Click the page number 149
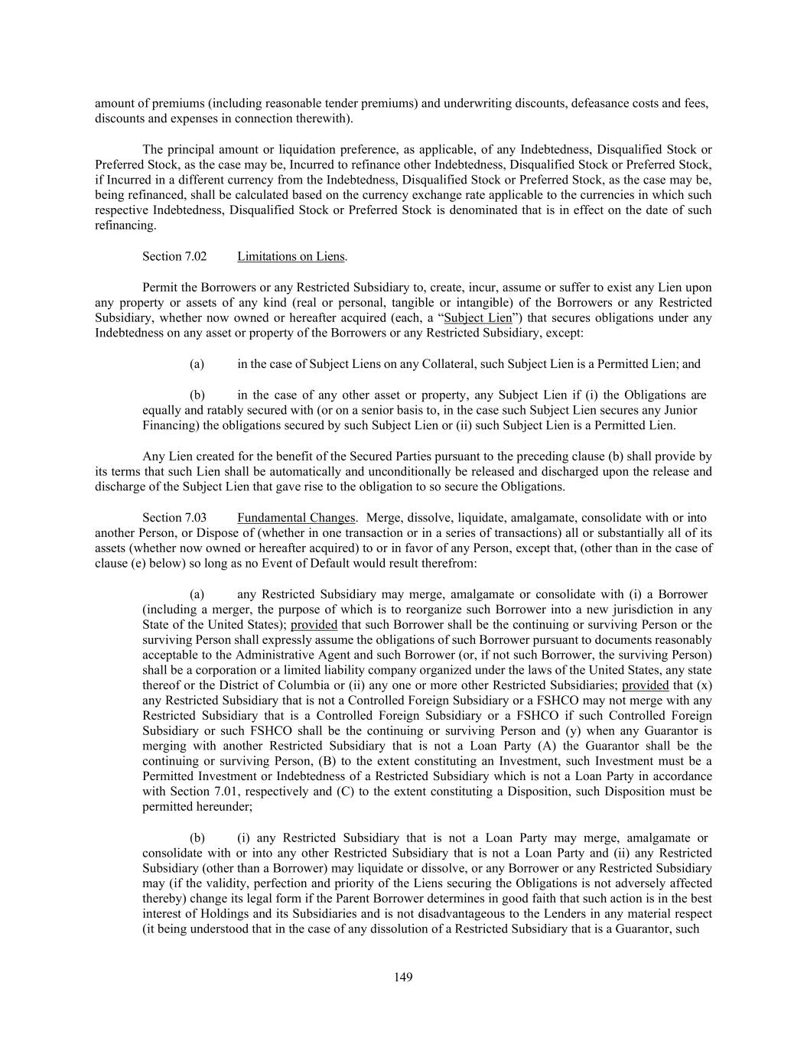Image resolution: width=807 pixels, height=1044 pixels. click(403, 977)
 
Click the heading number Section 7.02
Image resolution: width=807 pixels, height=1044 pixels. click(174, 256)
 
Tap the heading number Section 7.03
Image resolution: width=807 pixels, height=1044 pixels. click(174, 518)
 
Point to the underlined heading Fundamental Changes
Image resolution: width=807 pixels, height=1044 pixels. click(296, 518)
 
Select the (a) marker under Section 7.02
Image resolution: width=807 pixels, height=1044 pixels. click(197, 364)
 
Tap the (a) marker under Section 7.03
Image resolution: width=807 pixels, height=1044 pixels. click(197, 594)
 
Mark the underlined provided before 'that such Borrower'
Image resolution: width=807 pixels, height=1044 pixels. click(314, 625)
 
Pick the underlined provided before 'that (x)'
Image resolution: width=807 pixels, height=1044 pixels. click(646, 685)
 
